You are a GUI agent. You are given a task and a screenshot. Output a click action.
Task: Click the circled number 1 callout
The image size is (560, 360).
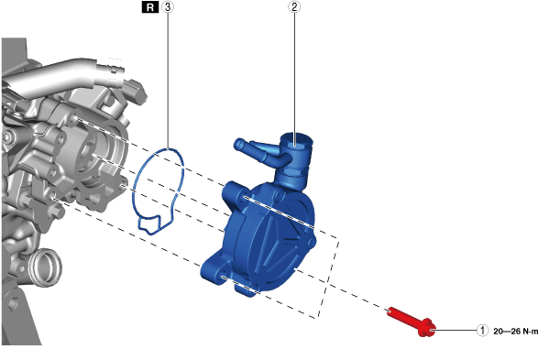click(482, 331)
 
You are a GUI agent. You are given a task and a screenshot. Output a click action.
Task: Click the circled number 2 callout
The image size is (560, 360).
click(294, 6)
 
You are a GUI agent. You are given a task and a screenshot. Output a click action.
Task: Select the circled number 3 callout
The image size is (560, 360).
click(168, 6)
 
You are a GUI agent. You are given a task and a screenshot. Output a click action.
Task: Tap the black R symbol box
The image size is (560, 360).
click(150, 7)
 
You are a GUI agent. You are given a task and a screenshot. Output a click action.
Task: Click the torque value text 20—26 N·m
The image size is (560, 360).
click(516, 332)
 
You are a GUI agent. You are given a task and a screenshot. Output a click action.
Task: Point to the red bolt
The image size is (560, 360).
click(412, 322)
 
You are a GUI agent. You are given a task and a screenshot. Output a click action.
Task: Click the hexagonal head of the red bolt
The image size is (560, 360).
click(427, 328)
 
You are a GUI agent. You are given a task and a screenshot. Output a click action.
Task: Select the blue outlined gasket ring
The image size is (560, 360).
click(159, 191)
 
